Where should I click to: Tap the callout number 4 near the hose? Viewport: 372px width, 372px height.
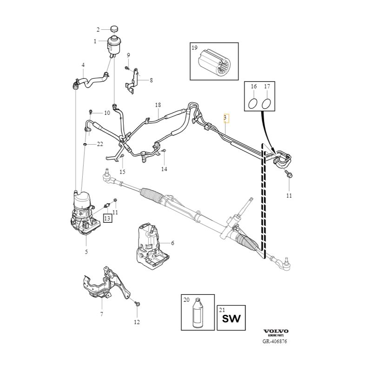point(83,65)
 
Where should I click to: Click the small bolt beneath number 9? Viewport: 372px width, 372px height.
point(126,68)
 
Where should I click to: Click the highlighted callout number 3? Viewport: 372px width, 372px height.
point(225,118)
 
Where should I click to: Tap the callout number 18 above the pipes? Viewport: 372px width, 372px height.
point(158,105)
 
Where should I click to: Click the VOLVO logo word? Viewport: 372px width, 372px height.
point(276,331)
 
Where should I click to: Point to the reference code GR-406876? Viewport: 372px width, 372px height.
point(274,341)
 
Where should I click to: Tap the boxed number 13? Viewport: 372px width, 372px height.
point(107,218)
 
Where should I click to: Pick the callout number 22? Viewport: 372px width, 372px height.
point(100,145)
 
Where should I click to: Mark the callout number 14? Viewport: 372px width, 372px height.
point(164,169)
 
